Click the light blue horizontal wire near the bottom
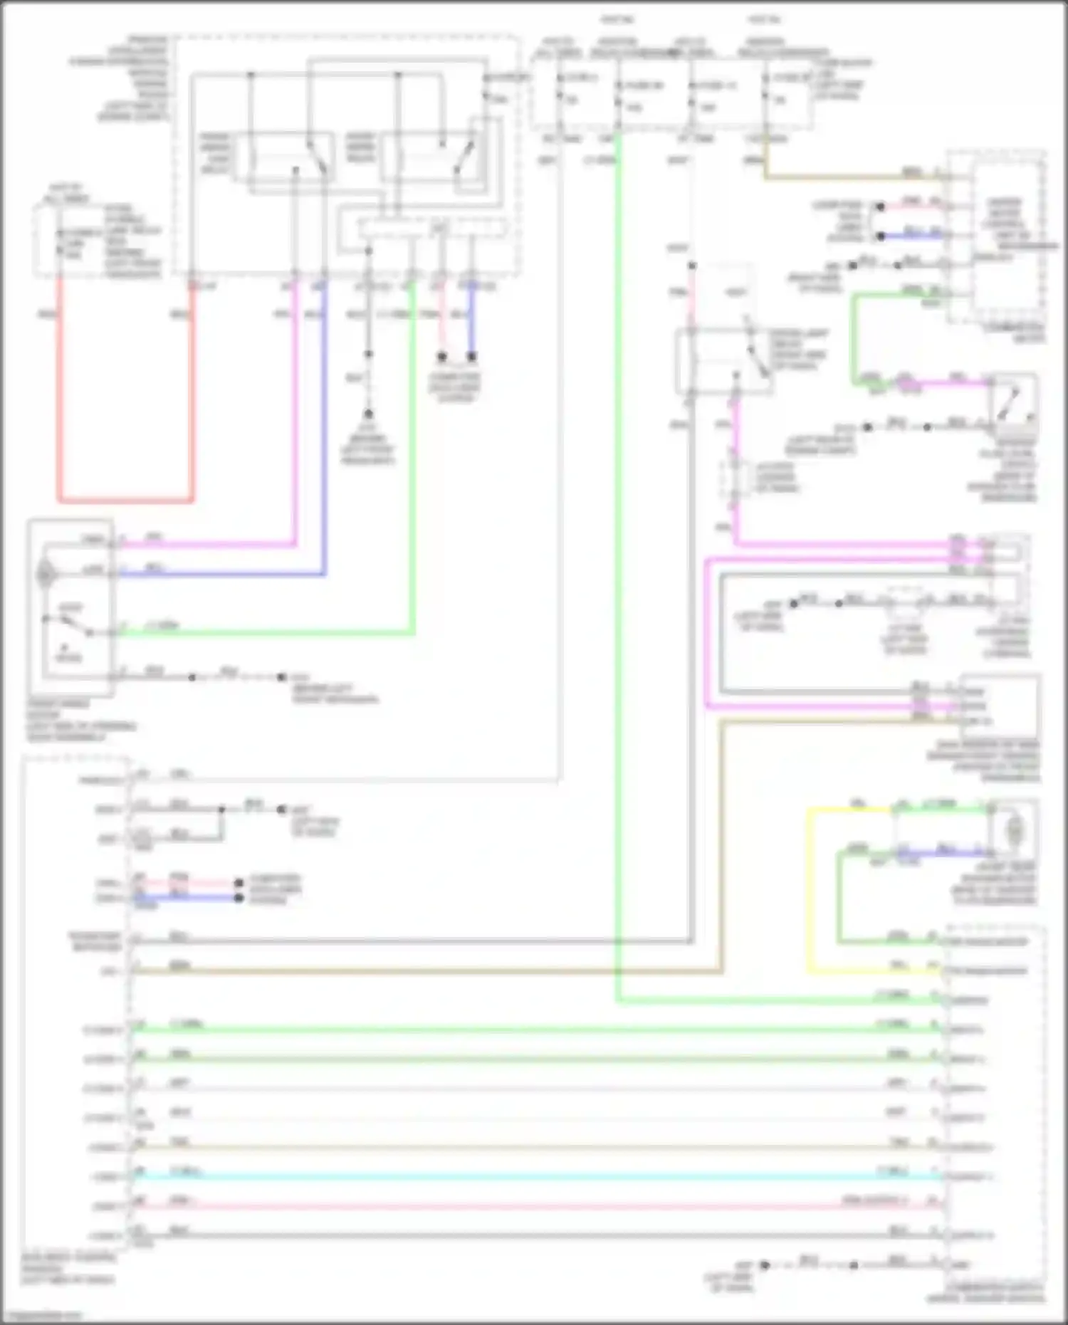pyautogui.click(x=534, y=1176)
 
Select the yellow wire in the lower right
pyautogui.click(x=810, y=890)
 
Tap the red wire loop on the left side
pyautogui.click(x=125, y=500)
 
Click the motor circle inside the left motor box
pyautogui.click(x=46, y=572)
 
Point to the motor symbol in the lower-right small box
pyautogui.click(x=1014, y=830)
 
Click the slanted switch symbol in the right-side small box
pyautogui.click(x=1011, y=402)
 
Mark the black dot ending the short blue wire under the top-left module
pyautogui.click(x=471, y=356)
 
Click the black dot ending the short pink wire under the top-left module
pyautogui.click(x=442, y=356)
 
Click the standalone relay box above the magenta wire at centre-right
pyautogui.click(x=723, y=360)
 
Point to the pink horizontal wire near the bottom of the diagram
pyautogui.click(x=534, y=1206)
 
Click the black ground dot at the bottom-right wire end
pyautogui.click(x=765, y=1265)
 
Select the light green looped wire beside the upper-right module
pyautogui.click(x=854, y=342)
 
